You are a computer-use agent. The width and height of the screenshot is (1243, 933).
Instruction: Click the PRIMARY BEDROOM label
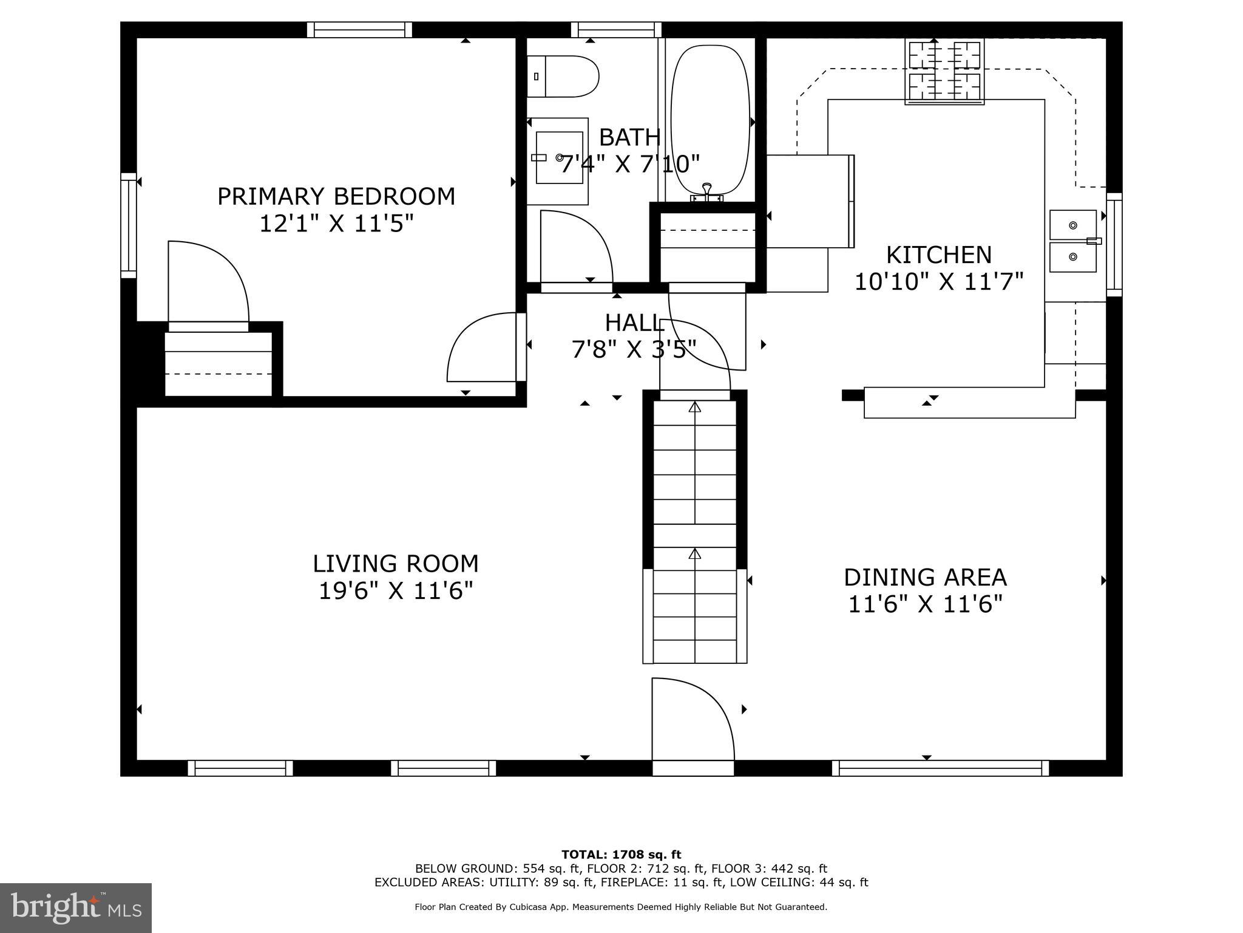click(x=336, y=197)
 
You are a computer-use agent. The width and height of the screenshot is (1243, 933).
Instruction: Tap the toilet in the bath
click(x=563, y=77)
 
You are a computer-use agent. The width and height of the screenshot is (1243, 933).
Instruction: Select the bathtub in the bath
click(x=710, y=119)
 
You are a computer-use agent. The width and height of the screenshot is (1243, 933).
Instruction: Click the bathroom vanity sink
click(x=559, y=158)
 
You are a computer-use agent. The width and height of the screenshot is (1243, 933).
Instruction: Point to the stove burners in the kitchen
click(x=944, y=70)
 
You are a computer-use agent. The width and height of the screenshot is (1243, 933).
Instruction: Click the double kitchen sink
click(x=1073, y=241)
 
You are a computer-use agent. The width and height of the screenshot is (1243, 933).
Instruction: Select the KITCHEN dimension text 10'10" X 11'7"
click(x=939, y=282)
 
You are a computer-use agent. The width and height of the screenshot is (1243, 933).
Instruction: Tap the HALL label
click(x=634, y=323)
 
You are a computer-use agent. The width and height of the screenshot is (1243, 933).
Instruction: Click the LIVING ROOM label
click(x=396, y=564)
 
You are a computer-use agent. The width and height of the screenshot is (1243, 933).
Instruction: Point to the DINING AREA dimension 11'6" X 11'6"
click(x=925, y=604)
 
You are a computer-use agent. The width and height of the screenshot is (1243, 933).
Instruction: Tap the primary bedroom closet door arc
click(x=208, y=281)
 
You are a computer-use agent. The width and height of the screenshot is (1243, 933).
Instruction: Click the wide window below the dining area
click(x=940, y=768)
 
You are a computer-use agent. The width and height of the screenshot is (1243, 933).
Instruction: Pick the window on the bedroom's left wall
click(x=129, y=225)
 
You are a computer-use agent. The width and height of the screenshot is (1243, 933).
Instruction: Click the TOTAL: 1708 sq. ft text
click(x=621, y=855)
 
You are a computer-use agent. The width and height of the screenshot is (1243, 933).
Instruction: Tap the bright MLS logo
click(x=76, y=907)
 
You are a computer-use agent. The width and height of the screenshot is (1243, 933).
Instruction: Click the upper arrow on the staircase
click(x=695, y=408)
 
